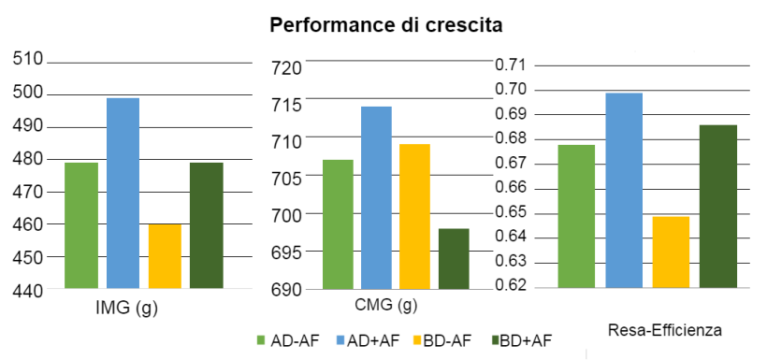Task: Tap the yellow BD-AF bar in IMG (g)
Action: tap(165, 256)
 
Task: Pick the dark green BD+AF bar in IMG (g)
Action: tap(207, 225)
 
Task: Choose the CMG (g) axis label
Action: tap(385, 305)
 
